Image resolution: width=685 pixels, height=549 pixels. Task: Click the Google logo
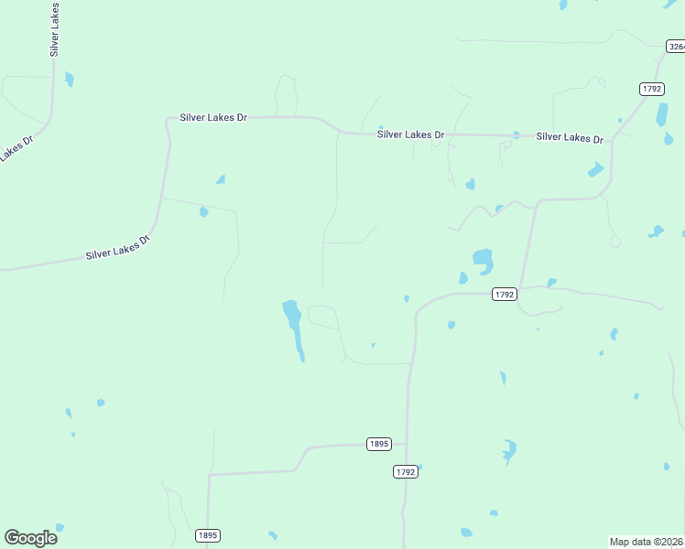click(31, 538)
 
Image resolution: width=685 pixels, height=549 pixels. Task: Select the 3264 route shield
click(675, 46)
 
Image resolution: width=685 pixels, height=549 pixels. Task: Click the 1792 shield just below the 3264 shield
click(651, 89)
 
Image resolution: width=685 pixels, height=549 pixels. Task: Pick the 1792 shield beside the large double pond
click(505, 295)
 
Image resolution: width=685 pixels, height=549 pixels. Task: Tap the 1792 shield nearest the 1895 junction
click(405, 471)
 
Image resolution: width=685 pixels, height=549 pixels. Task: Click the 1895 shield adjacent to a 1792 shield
click(378, 444)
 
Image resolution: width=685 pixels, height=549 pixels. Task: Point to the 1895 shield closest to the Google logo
click(208, 535)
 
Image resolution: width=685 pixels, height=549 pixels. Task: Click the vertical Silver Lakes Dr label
click(55, 29)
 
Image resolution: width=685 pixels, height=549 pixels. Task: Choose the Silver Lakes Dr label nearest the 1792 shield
click(570, 137)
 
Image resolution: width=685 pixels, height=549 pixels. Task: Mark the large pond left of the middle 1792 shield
click(483, 260)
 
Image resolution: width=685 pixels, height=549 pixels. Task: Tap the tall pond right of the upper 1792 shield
click(661, 114)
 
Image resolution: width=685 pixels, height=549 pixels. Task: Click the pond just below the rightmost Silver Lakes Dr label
click(595, 169)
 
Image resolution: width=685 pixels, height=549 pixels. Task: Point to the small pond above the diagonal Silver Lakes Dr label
click(204, 212)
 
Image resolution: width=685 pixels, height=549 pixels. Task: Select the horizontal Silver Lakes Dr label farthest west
click(213, 117)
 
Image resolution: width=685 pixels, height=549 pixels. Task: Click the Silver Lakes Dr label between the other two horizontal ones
click(410, 135)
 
